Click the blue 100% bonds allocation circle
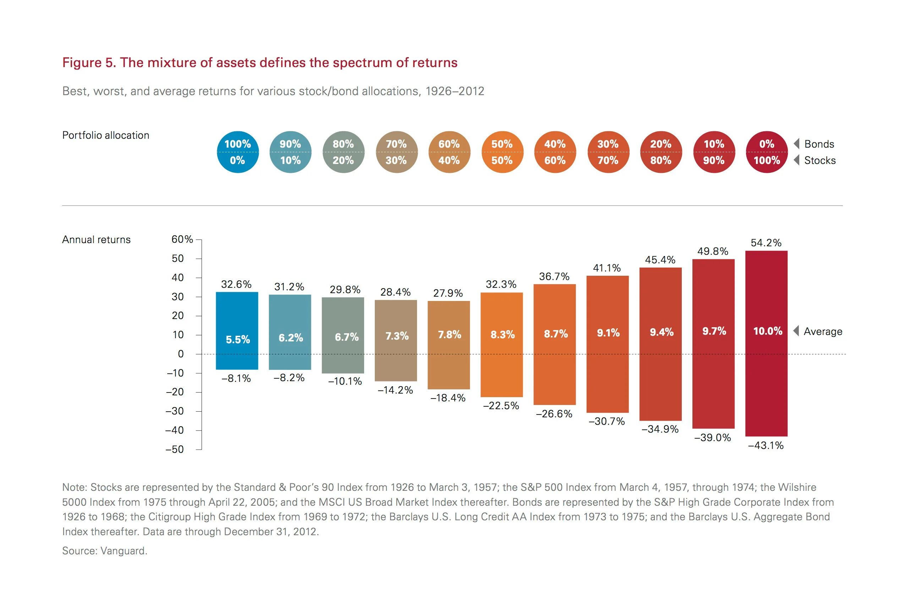point(237,152)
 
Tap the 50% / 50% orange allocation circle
point(502,152)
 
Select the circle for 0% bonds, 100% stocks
point(766,152)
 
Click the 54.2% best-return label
point(766,243)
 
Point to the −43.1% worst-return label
point(766,445)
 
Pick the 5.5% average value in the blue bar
point(238,339)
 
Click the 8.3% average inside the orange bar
point(502,334)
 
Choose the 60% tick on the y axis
point(182,239)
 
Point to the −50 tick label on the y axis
point(174,449)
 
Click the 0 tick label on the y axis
point(181,354)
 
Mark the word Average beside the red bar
point(823,331)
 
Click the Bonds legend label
point(819,144)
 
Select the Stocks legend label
point(819,160)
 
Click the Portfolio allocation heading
point(106,135)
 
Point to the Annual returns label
point(96,240)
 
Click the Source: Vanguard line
point(104,551)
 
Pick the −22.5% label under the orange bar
point(501,406)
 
